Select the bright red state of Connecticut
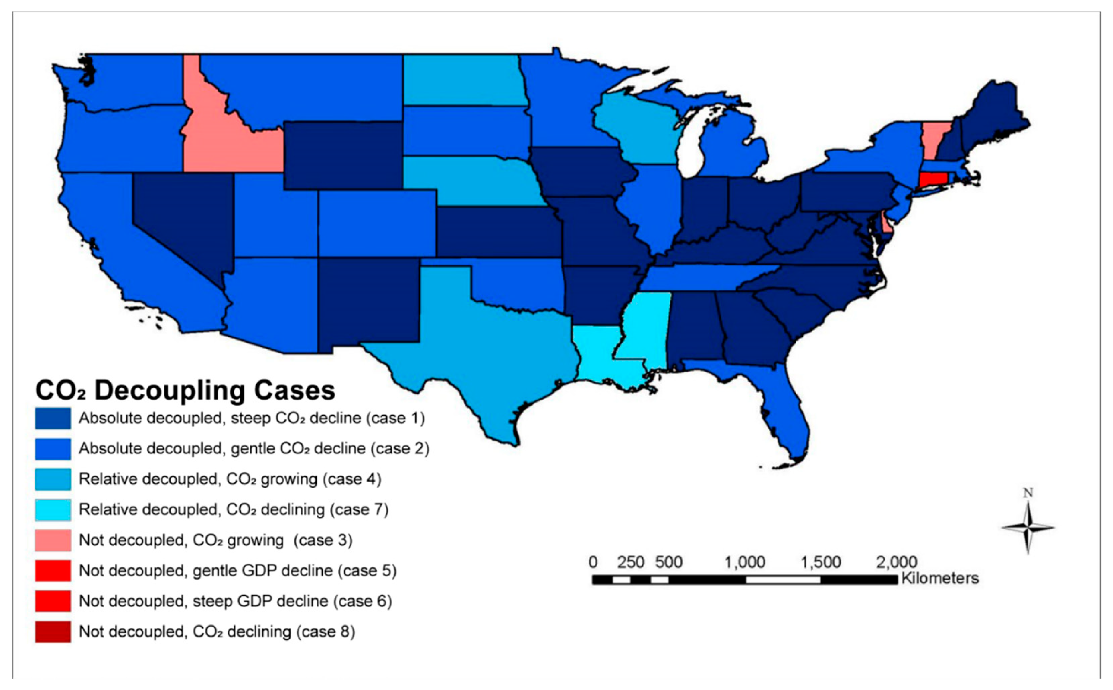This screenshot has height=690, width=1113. tap(933, 178)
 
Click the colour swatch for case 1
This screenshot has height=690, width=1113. tap(53, 418)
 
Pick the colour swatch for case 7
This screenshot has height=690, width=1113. tap(53, 510)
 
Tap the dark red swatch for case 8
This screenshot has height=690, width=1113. tap(53, 632)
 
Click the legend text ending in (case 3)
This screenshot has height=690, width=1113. tap(216, 540)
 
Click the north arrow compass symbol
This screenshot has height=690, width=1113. tap(1028, 527)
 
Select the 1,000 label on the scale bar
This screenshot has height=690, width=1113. tap(745, 562)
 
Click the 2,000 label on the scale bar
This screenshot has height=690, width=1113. tap(896, 562)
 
